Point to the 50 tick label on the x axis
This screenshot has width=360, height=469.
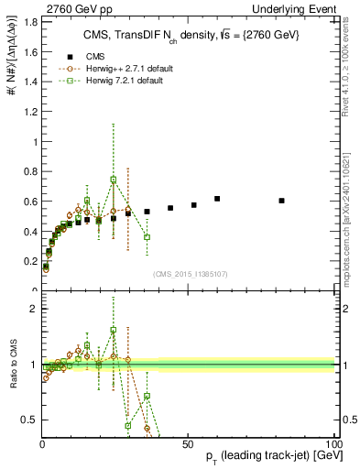tap(187, 442)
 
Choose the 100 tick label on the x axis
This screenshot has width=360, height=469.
tap(333, 442)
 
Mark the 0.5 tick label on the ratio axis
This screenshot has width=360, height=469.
tap(29, 420)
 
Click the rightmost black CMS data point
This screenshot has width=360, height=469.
tap(281, 201)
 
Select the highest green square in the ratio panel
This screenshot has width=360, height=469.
tap(114, 330)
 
